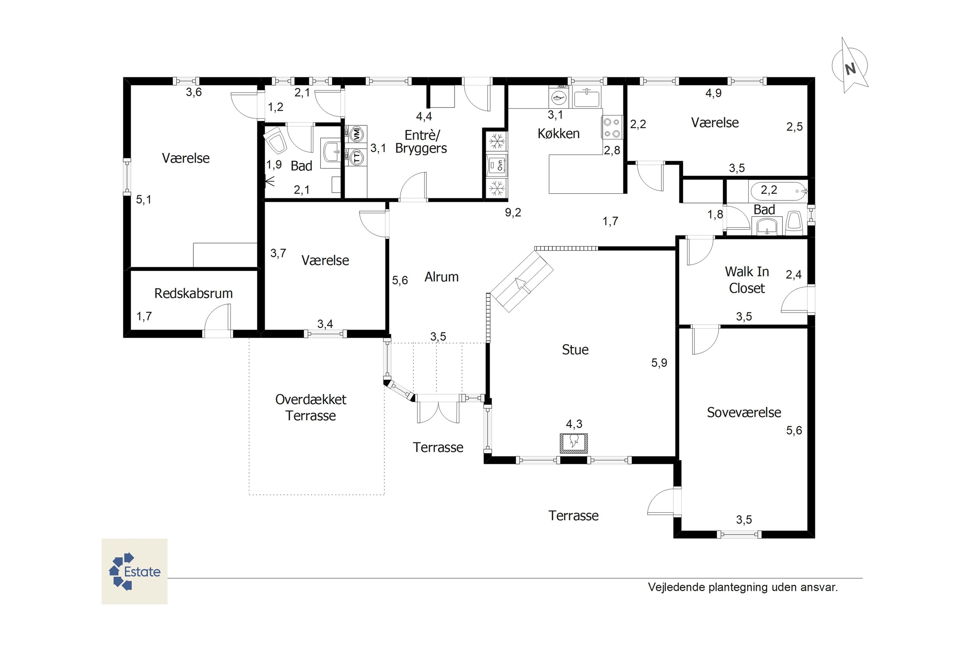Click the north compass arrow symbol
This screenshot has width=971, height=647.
pos(850,66)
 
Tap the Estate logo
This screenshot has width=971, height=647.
pos(135,572)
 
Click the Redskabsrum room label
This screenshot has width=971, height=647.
pos(194,293)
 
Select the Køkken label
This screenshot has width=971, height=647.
pos(559,134)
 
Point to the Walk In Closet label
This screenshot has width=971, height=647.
pos(747,280)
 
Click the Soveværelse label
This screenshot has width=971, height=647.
pos(744,412)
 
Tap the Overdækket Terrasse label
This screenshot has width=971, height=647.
pos(311,407)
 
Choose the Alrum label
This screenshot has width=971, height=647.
pos(441,277)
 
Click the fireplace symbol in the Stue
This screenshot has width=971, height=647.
pos(574,443)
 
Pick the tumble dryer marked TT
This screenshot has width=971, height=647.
pos(356,157)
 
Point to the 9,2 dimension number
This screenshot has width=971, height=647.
pos(513,213)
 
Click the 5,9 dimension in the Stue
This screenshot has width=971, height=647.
pos(659,363)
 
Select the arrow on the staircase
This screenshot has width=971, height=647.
pos(521,285)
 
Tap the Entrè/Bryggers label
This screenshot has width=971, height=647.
pos(421,142)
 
